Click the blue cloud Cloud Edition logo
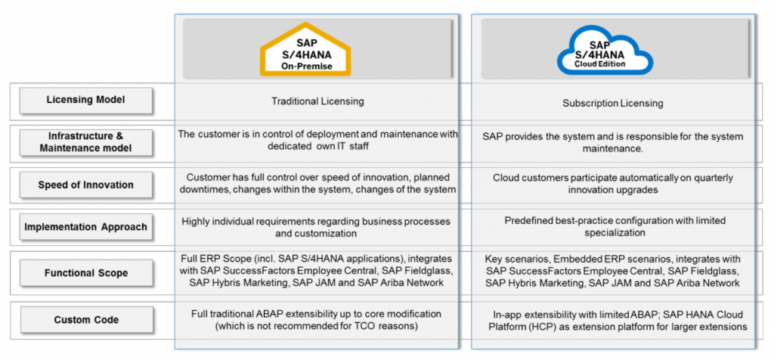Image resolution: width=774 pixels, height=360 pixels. (605, 50)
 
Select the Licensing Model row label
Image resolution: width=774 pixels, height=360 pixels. (86, 100)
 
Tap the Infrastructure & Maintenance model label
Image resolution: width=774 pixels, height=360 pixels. (86, 141)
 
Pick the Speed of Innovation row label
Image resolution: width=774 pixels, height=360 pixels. (86, 185)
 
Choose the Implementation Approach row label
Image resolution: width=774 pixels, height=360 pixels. (86, 227)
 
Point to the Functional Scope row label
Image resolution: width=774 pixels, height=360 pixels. (86, 272)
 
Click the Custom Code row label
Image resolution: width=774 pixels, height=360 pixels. (86, 319)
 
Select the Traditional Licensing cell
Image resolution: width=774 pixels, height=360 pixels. (317, 101)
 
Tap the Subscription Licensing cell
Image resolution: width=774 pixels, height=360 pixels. (612, 103)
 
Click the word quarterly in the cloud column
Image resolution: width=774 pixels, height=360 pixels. (714, 178)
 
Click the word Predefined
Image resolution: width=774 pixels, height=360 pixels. (527, 221)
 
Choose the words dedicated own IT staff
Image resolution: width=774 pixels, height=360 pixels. (317, 147)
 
